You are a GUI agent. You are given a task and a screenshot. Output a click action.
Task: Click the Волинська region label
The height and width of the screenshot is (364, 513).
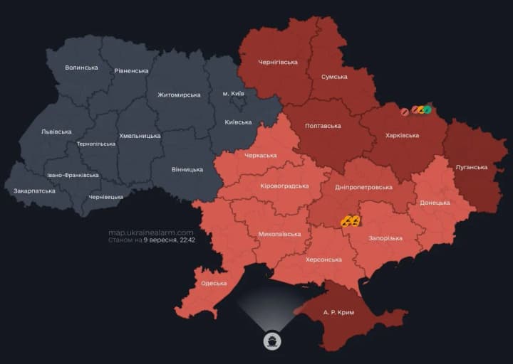coord(81,68)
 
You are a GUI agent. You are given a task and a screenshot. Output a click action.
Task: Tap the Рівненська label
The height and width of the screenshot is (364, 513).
coord(131,71)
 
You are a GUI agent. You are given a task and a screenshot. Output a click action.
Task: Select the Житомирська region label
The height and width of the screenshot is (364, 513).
coord(179,95)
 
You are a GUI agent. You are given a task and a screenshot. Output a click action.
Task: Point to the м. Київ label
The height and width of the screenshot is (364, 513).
coord(234,94)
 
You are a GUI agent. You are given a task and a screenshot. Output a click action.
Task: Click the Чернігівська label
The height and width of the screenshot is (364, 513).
coord(277,62)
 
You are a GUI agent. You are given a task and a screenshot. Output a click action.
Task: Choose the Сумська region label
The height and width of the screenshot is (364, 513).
coord(334,77)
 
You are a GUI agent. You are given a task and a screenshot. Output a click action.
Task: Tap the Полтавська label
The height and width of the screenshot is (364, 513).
coord(323,126)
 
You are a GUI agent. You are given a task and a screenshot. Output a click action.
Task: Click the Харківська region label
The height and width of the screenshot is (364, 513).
coord(402,135)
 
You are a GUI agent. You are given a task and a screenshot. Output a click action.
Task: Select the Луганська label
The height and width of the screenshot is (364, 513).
coord(471,167)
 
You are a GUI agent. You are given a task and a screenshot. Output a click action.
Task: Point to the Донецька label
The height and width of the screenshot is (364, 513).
coord(435,203)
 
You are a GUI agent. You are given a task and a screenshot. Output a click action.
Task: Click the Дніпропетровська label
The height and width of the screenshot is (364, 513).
coord(363,187)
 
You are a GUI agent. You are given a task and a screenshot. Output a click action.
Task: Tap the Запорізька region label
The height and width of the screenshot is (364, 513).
coord(385,238)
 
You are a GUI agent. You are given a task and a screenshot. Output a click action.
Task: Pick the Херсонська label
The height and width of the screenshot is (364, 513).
coord(323,259)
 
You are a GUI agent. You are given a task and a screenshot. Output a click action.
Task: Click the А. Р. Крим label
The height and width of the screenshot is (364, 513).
coord(338,312)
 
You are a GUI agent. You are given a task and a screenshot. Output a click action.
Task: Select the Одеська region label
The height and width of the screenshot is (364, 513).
coord(214,283)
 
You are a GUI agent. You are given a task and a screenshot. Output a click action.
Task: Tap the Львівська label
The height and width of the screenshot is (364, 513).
coord(56,132)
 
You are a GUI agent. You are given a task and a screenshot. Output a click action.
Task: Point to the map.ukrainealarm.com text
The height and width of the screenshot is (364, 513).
coord(151,232)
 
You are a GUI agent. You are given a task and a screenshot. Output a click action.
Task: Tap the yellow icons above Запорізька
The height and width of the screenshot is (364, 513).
coord(350,221)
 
